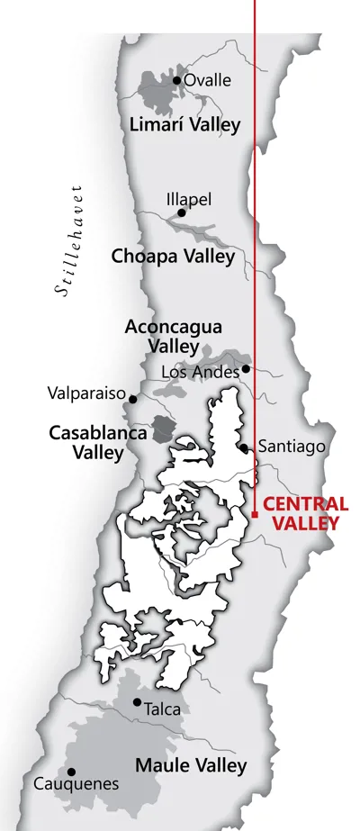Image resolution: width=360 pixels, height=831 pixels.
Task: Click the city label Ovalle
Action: pyautogui.click(x=207, y=80)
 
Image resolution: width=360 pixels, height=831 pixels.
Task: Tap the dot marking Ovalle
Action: pyautogui.click(x=177, y=80)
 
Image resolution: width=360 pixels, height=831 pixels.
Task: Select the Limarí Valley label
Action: pyautogui.click(x=185, y=124)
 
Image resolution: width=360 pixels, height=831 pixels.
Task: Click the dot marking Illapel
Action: pyautogui.click(x=182, y=213)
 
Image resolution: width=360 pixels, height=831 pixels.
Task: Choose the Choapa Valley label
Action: pyautogui.click(x=173, y=257)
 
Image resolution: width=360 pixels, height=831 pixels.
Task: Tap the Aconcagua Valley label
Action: pyautogui.click(x=174, y=336)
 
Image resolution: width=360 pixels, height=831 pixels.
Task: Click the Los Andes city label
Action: pyautogui.click(x=200, y=371)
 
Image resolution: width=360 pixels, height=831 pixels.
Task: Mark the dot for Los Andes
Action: pyautogui.click(x=245, y=368)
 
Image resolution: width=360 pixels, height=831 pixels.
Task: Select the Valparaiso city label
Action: pyautogui.click(x=85, y=393)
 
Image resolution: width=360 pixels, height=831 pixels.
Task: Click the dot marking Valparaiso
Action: pyautogui.click(x=133, y=399)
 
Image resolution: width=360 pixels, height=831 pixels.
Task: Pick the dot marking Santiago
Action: pyautogui.click(x=244, y=447)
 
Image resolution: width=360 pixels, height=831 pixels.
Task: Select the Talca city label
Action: pyautogui.click(x=164, y=709)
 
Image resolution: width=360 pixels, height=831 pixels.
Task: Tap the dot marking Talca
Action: pyautogui.click(x=137, y=702)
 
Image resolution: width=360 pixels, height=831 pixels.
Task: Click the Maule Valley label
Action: pyautogui.click(x=190, y=766)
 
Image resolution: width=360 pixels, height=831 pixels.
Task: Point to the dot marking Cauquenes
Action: pyautogui.click(x=71, y=772)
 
